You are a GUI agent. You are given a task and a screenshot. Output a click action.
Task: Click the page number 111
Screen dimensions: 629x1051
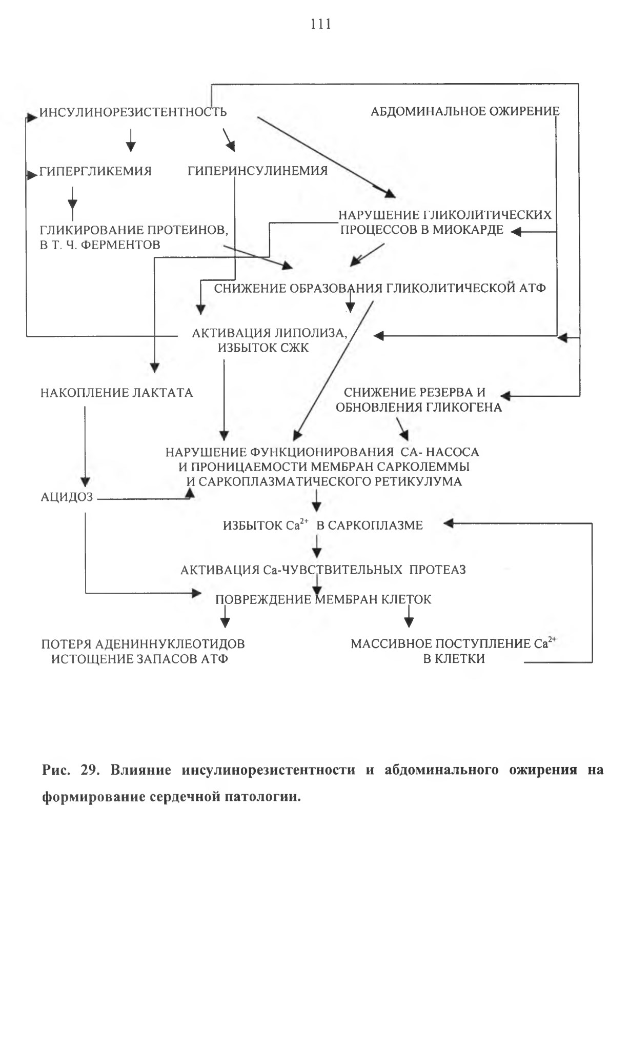(321, 24)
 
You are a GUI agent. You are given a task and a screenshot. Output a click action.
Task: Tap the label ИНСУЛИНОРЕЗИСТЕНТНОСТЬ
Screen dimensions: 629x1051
(133, 112)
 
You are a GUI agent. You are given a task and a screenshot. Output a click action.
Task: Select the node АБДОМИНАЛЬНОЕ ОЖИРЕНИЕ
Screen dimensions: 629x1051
(465, 111)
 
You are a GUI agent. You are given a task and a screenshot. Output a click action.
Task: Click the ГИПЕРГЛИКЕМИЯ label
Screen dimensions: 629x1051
(96, 171)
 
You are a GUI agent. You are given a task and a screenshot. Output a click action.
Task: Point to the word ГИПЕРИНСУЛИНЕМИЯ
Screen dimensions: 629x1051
(257, 171)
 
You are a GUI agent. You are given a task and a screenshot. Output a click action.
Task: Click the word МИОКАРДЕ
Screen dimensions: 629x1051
(468, 230)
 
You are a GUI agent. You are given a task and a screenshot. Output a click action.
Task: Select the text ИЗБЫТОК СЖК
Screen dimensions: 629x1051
(263, 348)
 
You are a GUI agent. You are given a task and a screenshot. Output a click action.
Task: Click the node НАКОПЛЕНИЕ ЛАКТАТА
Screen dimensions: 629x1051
(117, 393)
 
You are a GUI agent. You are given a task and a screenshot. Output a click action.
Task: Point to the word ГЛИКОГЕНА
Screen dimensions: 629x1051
(463, 408)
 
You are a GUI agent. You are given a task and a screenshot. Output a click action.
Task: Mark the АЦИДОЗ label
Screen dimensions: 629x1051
(67, 497)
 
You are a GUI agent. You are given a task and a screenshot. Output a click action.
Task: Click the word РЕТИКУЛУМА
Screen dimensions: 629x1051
(418, 482)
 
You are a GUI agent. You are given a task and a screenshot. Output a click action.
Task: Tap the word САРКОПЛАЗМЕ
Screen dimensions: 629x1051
(375, 525)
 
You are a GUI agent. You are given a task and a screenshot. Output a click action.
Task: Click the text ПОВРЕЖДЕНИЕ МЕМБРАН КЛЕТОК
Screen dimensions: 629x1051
(323, 599)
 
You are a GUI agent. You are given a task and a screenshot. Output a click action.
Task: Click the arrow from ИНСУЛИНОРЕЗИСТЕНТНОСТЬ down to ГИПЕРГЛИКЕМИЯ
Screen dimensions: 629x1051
(131, 139)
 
